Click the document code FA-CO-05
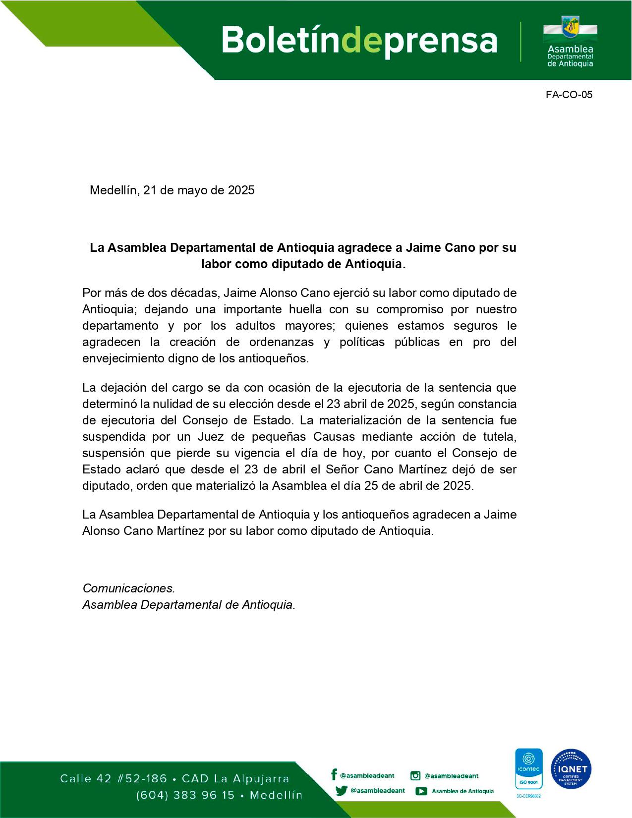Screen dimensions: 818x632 [x=569, y=95]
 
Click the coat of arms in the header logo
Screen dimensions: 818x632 [x=570, y=27]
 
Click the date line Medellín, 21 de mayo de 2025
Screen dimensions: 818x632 [x=172, y=190]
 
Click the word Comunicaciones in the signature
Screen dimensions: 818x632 [x=128, y=588]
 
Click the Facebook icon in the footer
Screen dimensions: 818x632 [x=334, y=775]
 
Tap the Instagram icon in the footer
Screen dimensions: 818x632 [x=415, y=776]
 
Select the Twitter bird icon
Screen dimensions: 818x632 [x=341, y=791]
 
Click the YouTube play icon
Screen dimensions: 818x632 [x=421, y=791]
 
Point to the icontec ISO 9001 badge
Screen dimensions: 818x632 [x=529, y=769]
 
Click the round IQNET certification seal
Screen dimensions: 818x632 [x=572, y=769]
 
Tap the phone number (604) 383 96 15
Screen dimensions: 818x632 [x=185, y=795]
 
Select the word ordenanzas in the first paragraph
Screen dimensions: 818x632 [x=282, y=342]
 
